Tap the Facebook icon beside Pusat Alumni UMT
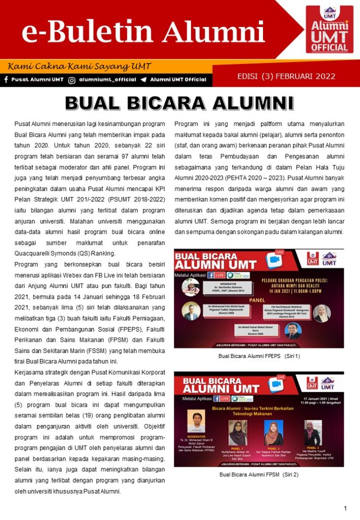point(6,80)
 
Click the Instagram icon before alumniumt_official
point(72,80)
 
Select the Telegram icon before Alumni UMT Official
point(144,80)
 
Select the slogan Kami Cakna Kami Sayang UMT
point(79,67)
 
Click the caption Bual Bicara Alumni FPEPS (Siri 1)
point(259,356)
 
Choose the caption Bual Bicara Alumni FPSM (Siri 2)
point(259,475)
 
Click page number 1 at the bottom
point(345,508)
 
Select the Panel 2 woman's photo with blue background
point(274,433)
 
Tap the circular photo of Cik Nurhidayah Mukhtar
point(322,313)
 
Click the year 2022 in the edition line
point(325,77)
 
